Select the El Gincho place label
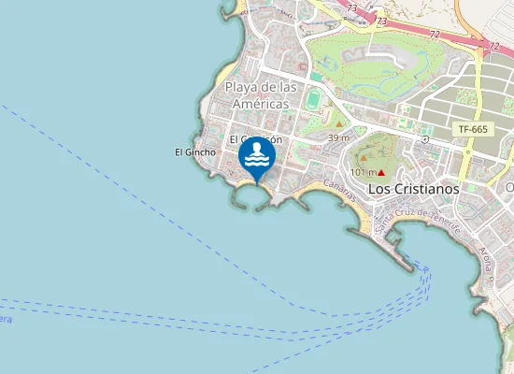[x=195, y=152]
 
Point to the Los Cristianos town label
[x=414, y=188]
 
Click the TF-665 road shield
[x=474, y=129]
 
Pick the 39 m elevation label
[x=339, y=138]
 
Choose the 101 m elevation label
[x=363, y=173]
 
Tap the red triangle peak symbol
[x=382, y=173]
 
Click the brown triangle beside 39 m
[x=338, y=123]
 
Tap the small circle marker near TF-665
[x=425, y=138]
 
